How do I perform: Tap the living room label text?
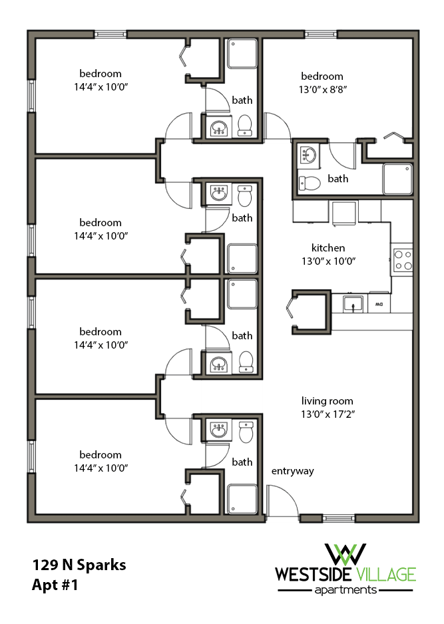[327, 400]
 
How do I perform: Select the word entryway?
[292, 471]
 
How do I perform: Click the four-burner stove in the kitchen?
[403, 259]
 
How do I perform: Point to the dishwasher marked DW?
[379, 304]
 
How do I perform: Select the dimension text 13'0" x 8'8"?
[322, 89]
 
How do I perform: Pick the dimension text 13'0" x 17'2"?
[327, 414]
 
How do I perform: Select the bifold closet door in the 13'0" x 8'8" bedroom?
[394, 136]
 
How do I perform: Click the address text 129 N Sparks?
[79, 566]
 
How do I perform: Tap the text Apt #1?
[55, 586]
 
